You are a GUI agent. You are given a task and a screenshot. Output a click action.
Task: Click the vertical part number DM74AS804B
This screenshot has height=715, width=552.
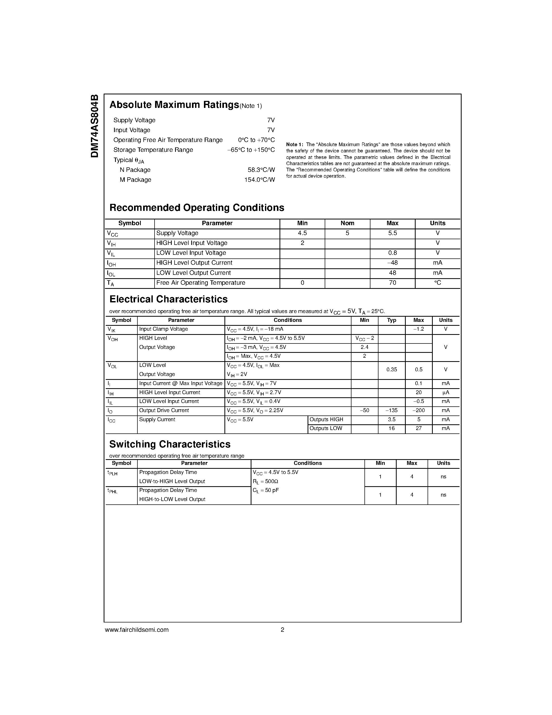click(95, 126)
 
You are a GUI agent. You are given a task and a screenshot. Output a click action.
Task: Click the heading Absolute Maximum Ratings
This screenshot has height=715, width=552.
click(174, 105)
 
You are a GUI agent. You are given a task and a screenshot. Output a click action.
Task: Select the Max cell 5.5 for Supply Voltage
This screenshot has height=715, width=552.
click(393, 233)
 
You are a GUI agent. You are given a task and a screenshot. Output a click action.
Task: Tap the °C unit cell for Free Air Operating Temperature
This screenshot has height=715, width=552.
click(437, 283)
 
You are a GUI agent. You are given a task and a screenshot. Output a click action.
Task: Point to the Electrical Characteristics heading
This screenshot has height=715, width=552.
click(168, 299)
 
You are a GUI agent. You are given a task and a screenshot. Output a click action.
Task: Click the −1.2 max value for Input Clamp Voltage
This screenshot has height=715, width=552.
click(418, 329)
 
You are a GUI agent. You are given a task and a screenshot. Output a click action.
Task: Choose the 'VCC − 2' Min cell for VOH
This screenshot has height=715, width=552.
click(365, 339)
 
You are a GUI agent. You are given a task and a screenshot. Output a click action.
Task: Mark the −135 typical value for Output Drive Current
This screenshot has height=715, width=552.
click(391, 411)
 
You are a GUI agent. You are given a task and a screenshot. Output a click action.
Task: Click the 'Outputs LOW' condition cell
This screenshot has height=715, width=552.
click(326, 428)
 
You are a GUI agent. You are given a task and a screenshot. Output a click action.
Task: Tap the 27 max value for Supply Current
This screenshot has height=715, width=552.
click(418, 428)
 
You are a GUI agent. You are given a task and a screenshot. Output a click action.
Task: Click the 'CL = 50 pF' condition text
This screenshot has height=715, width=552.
click(265, 490)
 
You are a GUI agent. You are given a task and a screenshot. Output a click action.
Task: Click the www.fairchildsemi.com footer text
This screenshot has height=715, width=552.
click(137, 629)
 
